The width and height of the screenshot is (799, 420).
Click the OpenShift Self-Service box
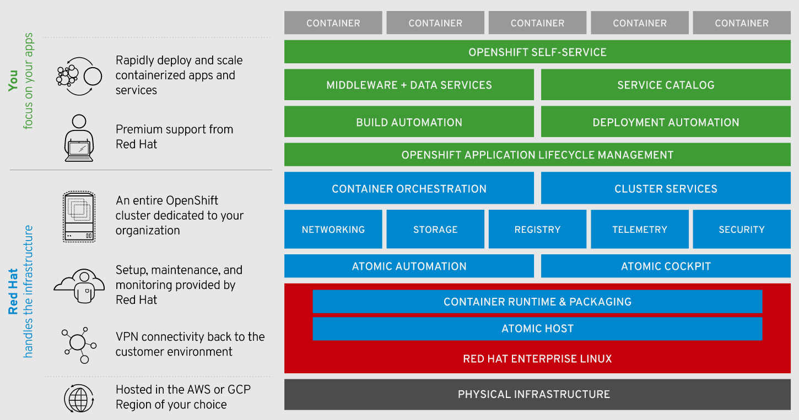[x=537, y=52]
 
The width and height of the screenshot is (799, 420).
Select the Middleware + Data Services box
[x=409, y=85]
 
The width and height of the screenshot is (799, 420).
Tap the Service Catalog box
[x=666, y=85]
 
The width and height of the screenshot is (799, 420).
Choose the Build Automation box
[x=409, y=122]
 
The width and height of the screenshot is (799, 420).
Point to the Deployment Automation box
[x=666, y=122]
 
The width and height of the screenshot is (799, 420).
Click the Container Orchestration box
[x=409, y=189]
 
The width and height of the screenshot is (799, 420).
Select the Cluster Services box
[x=666, y=189]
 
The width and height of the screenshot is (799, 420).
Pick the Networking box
[x=333, y=230]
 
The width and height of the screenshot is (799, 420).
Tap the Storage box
[x=435, y=230]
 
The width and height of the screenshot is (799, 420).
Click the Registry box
[x=537, y=230]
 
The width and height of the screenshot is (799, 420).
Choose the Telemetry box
[x=640, y=230]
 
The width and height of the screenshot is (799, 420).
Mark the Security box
[x=742, y=230]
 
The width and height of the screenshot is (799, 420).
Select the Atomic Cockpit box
[x=666, y=266]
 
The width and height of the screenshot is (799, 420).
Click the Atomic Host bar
[x=537, y=329]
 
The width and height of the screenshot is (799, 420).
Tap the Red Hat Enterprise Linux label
[x=537, y=359]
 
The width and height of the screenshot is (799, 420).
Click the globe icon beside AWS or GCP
[x=79, y=398]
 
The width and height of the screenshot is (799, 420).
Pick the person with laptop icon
[x=79, y=138]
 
